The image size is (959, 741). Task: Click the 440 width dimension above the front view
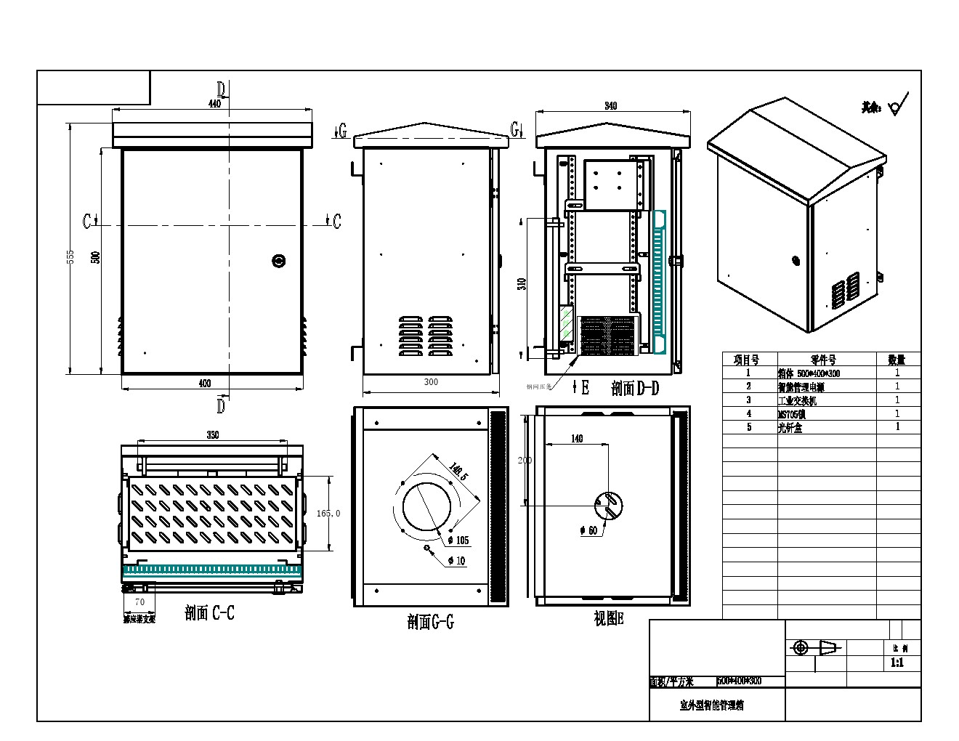pyautogui.click(x=214, y=104)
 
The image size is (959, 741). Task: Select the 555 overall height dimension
pyautogui.click(x=70, y=256)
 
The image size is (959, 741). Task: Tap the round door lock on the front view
pyautogui.click(x=279, y=260)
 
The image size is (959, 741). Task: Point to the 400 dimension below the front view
pyautogui.click(x=205, y=384)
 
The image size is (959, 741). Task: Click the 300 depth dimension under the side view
pyautogui.click(x=431, y=382)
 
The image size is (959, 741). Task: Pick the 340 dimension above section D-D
pyautogui.click(x=610, y=106)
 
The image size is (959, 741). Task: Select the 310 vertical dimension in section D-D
pyautogui.click(x=522, y=283)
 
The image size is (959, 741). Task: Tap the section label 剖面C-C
pyautogui.click(x=209, y=614)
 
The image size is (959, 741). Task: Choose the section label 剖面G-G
pyautogui.click(x=430, y=622)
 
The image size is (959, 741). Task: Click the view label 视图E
pyautogui.click(x=608, y=619)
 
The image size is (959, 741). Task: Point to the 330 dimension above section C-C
pyautogui.click(x=212, y=435)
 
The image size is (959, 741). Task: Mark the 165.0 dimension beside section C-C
pyautogui.click(x=328, y=513)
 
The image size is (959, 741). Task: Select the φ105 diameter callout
pyautogui.click(x=458, y=540)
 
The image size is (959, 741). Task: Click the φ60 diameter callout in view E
pyautogui.click(x=588, y=531)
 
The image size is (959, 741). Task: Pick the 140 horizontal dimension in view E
pyautogui.click(x=577, y=438)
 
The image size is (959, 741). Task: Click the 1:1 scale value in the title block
pyautogui.click(x=897, y=663)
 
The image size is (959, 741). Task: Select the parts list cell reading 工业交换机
pyautogui.click(x=797, y=400)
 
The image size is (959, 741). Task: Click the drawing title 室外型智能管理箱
pyautogui.click(x=711, y=705)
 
